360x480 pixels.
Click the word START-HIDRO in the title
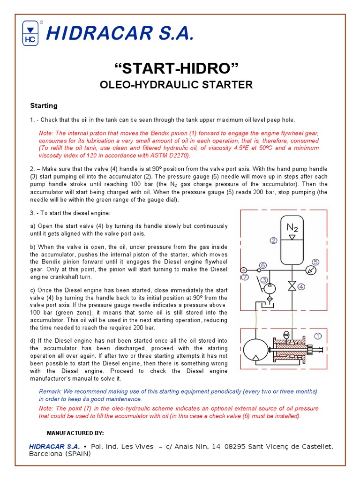coord(177,68)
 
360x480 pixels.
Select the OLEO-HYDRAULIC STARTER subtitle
coord(176,85)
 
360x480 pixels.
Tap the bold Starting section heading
coord(44,105)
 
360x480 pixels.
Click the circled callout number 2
coord(274,240)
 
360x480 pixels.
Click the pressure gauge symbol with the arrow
coord(313,270)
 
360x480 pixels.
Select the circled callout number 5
coord(316,262)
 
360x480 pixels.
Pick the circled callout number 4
coord(301,286)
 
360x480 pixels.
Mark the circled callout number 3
coord(265,280)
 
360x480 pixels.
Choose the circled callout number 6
coord(263,265)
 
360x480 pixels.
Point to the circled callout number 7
coord(245,277)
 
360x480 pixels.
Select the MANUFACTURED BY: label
coord(75,432)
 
